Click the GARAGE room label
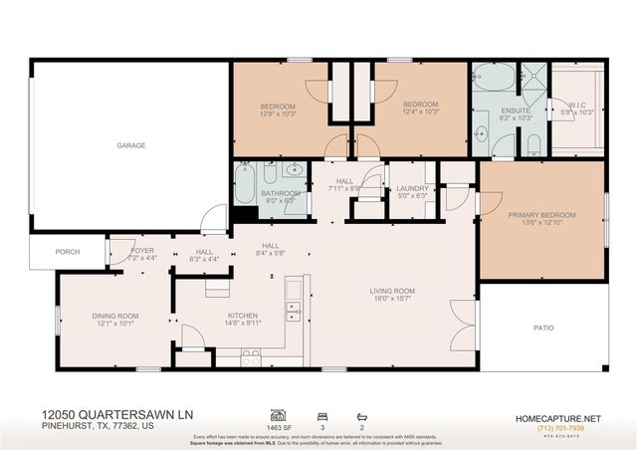131,145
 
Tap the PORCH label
68,251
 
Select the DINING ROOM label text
115,316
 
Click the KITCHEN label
242,316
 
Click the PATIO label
543,327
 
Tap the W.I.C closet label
576,104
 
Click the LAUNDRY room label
412,188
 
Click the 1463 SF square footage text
281,425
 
